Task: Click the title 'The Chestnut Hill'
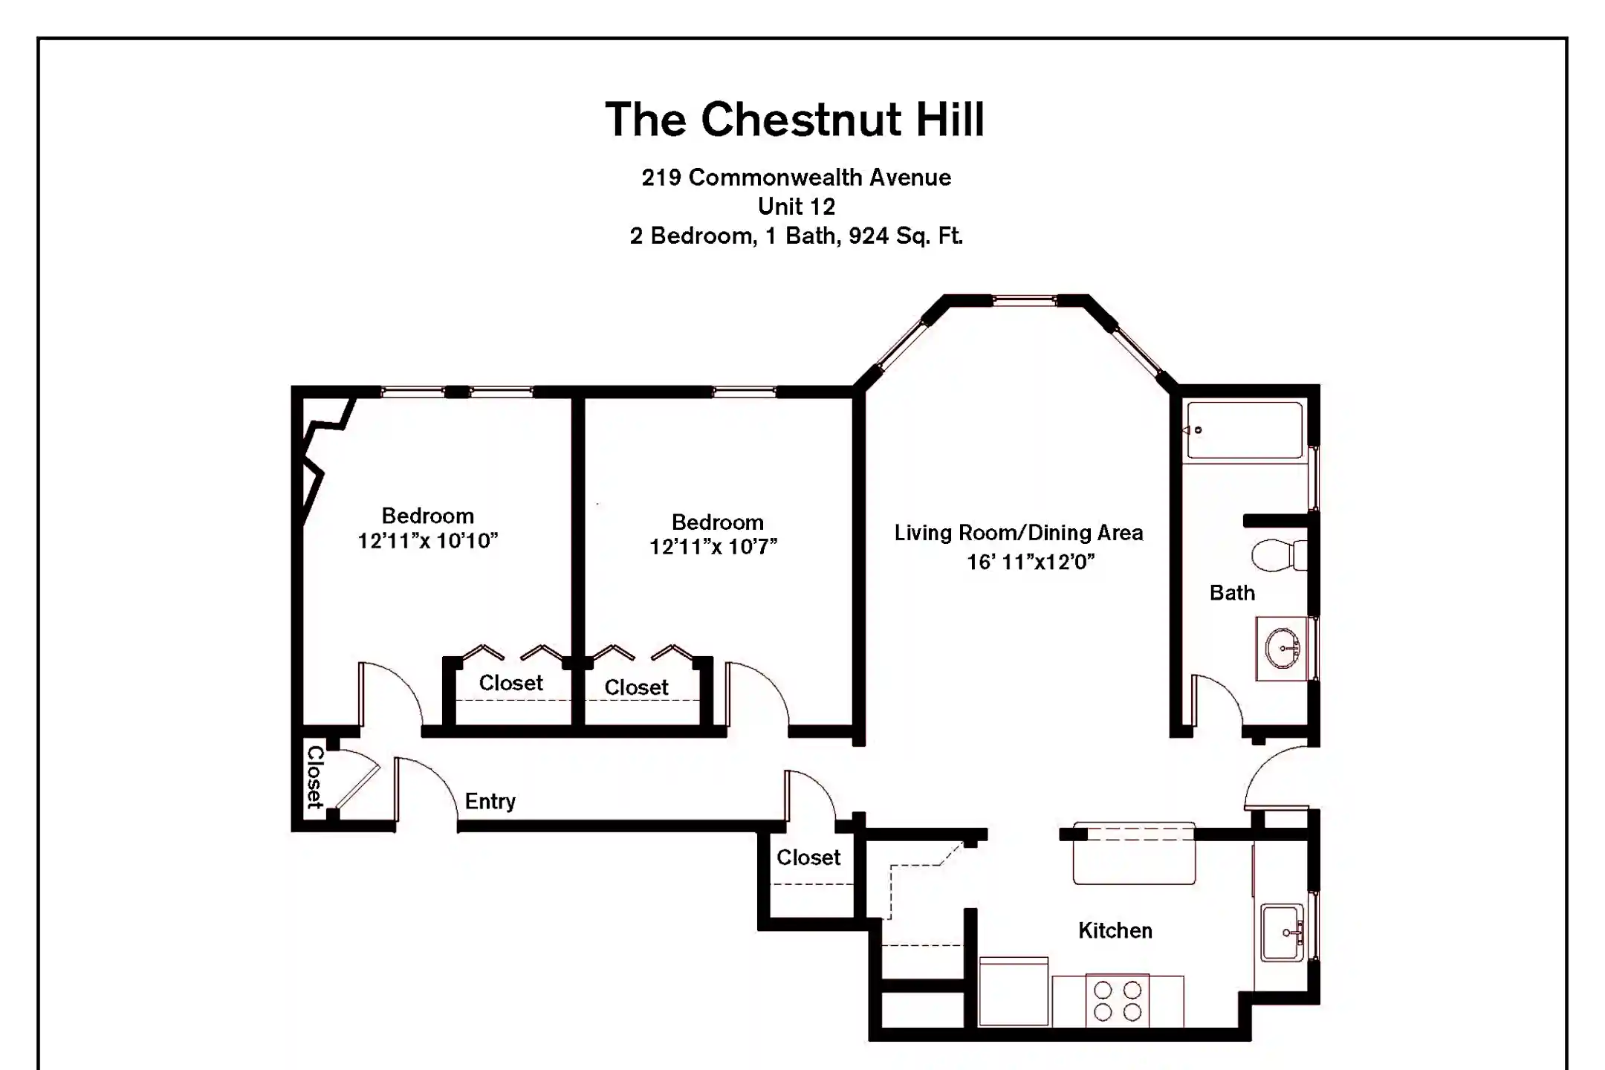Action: pos(794,120)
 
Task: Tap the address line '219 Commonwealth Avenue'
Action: pos(796,178)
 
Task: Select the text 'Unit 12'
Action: pos(796,207)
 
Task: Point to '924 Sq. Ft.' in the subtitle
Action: pos(905,236)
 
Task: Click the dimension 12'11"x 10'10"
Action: pos(427,541)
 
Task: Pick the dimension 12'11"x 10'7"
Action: pos(713,547)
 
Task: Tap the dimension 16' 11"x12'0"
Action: pos(1030,562)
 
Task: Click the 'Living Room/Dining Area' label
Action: pos(1018,533)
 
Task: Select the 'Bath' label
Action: pos(1231,593)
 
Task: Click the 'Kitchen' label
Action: pos(1115,930)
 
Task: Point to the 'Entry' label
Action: pos(490,801)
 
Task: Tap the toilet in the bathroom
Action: pos(1277,555)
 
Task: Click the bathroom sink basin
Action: pos(1283,649)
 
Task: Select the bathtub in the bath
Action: pos(1244,430)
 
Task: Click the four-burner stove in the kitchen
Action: pos(1117,1001)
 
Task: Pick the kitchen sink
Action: pos(1282,933)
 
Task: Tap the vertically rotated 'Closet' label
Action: pos(315,777)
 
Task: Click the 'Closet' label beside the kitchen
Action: pos(808,857)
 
